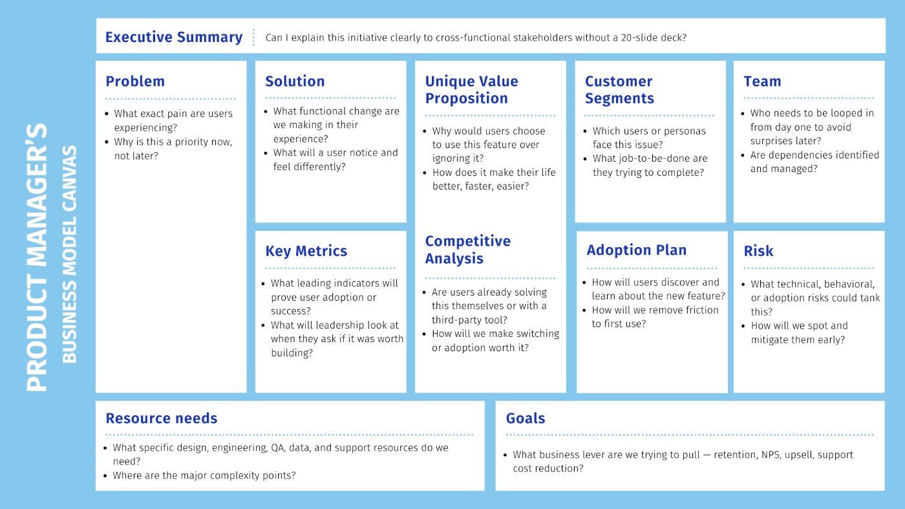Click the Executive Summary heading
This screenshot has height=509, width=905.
coord(174,38)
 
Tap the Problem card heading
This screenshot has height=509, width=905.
coord(135,81)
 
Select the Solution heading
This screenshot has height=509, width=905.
coord(295,81)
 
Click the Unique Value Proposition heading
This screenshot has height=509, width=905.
coord(471,90)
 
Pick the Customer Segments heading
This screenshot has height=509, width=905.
coord(619,90)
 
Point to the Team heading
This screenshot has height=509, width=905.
coord(762,81)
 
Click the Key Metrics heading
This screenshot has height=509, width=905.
coord(306,251)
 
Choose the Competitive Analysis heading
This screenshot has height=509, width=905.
coord(467,250)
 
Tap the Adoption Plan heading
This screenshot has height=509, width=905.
coord(636,250)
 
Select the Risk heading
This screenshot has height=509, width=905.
coord(758,251)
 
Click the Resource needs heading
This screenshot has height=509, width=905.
coord(161,418)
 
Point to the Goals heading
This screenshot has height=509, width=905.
coord(525,418)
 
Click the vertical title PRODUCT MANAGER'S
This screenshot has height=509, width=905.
coord(37,257)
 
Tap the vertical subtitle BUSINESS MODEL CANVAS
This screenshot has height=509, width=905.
coord(69,254)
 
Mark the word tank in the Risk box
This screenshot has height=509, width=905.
coord(869,298)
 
